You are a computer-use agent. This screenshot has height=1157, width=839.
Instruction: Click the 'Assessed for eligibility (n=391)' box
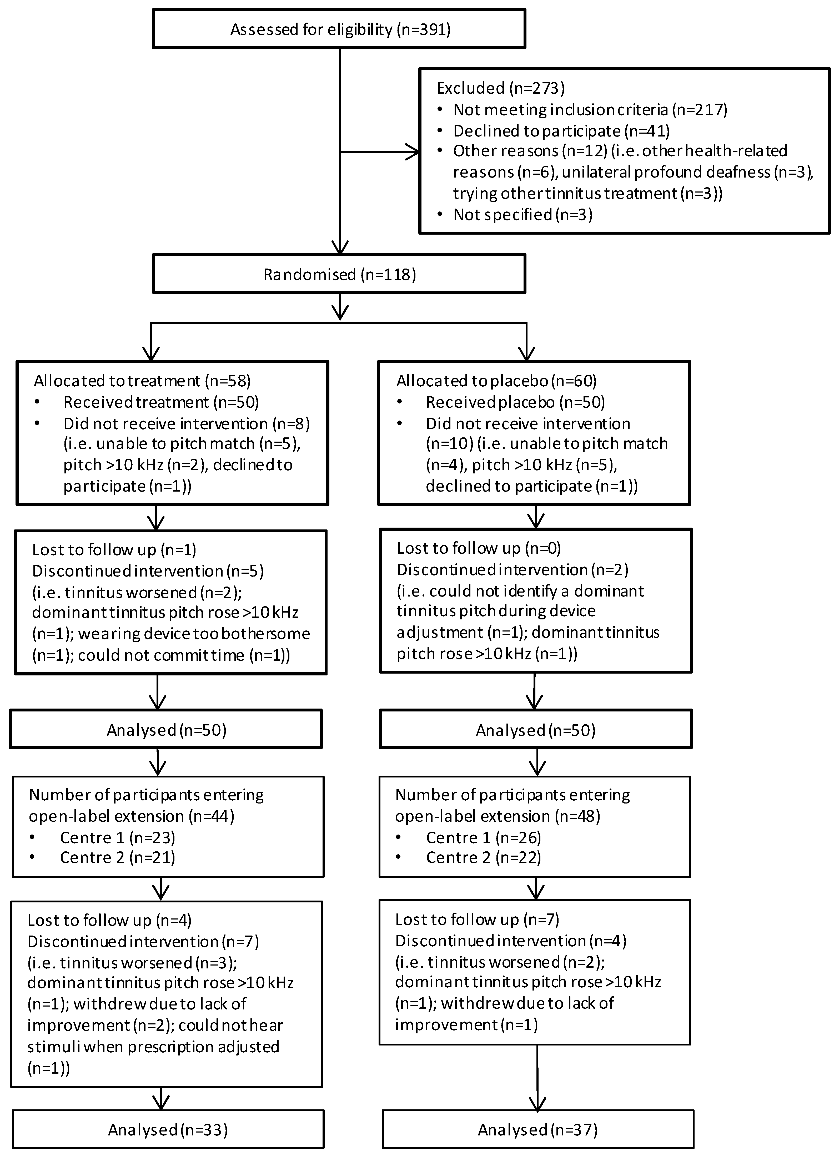[x=339, y=29]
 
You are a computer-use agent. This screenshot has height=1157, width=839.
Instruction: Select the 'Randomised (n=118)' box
[x=339, y=275]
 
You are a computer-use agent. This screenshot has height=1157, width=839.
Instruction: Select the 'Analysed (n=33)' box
[x=168, y=1130]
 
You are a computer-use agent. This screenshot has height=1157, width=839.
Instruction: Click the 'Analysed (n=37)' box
[x=537, y=1130]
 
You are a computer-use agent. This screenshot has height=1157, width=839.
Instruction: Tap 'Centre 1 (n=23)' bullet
[x=117, y=838]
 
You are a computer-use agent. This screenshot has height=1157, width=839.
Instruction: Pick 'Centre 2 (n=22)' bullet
[x=483, y=857]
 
